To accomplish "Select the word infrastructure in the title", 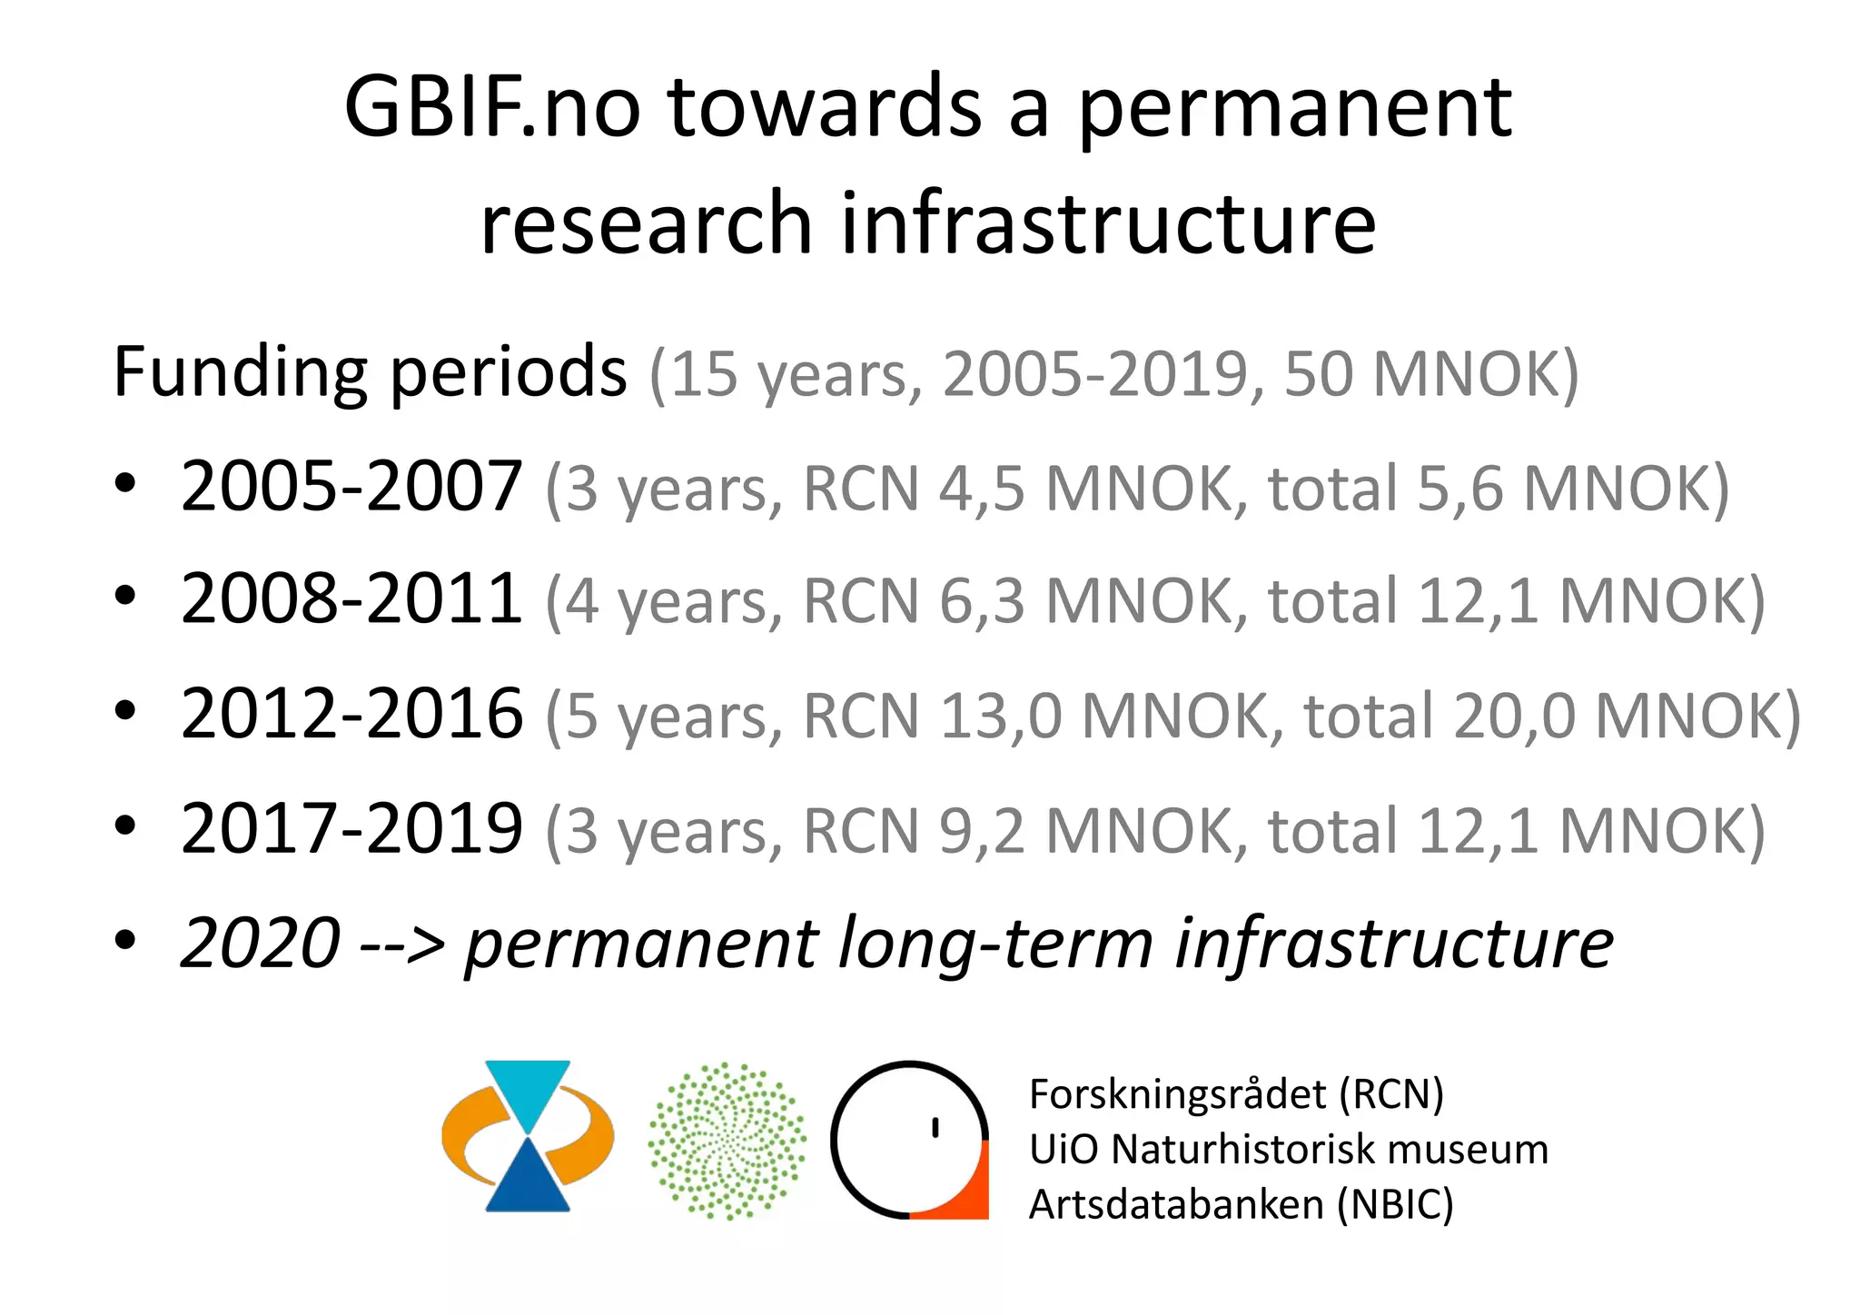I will (1107, 223).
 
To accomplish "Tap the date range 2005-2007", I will (351, 488).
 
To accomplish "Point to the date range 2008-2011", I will (351, 600).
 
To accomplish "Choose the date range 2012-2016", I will (351, 715).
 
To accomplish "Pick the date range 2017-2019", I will (351, 829).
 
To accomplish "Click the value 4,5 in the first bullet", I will (981, 489).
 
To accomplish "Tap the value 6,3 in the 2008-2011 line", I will (981, 602).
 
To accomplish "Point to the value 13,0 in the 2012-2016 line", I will (999, 717).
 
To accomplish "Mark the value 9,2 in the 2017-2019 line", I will (981, 831).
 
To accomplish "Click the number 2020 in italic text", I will (261, 944).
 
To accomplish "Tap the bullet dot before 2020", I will (125, 941).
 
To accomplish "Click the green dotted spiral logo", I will (727, 1141).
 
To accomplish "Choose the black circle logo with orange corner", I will (909, 1139).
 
